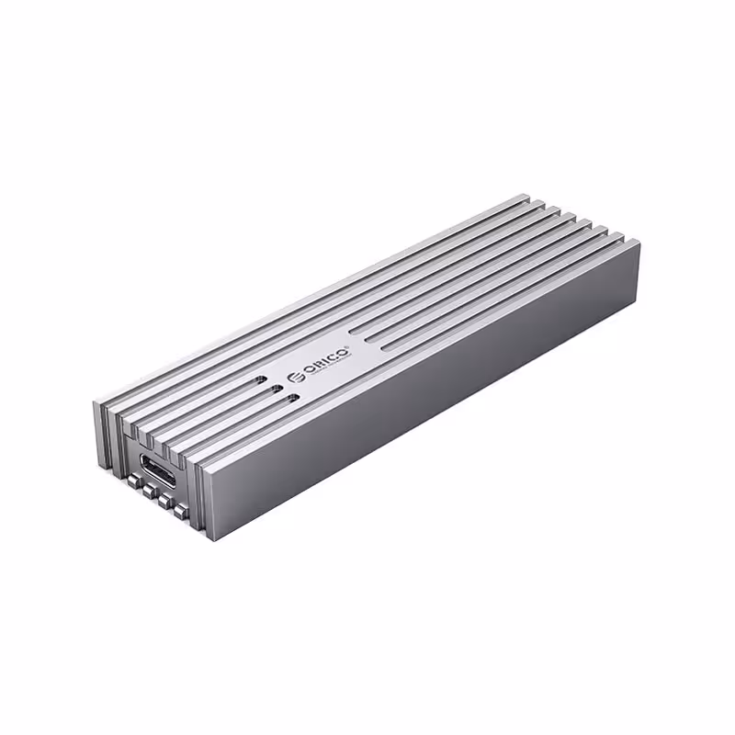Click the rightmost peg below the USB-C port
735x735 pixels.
coord(181,512)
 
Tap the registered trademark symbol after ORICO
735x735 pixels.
coord(347,345)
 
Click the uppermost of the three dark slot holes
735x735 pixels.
coord(261,379)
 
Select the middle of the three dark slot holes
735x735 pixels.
coord(277,389)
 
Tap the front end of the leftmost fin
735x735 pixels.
coord(103,432)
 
